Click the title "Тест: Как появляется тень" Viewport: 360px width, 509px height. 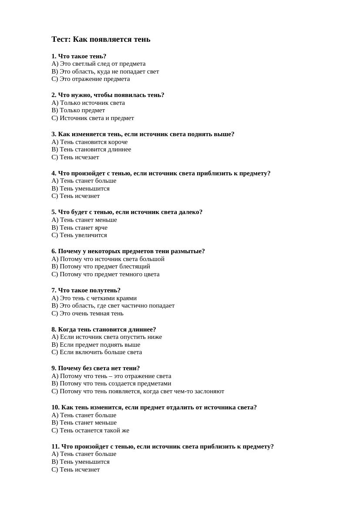101,39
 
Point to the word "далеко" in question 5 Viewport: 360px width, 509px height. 189,212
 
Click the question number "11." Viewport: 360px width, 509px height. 55,446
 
